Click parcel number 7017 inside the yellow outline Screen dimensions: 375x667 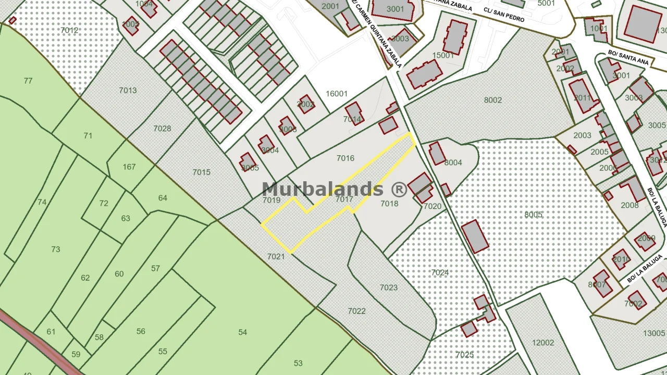tap(344, 199)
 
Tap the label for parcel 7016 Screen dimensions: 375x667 tap(345, 158)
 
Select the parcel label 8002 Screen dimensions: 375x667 tap(492, 100)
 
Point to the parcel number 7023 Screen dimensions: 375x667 tap(388, 287)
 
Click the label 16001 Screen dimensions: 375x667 tap(336, 94)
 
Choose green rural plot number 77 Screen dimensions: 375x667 tap(28, 81)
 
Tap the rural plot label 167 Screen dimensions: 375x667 tap(129, 167)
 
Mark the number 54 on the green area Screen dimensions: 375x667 tap(242, 332)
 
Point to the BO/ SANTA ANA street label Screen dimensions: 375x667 tap(628, 57)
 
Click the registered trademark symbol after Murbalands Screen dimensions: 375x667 tap(399, 189)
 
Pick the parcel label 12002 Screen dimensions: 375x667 tap(543, 343)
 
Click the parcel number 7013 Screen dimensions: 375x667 tap(128, 90)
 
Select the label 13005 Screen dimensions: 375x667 tap(654, 333)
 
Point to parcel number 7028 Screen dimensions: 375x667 tap(162, 129)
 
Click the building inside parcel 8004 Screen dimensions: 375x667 tap(437, 153)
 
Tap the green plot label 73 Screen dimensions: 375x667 tap(55, 249)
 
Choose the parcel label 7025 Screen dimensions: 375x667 tap(464, 355)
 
